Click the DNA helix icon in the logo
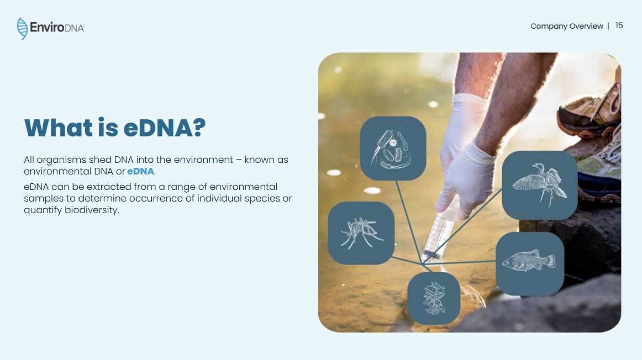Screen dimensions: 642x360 (22, 28)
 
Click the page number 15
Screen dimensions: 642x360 (619, 26)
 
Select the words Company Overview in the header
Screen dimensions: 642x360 (567, 26)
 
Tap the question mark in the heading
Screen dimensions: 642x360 (199, 128)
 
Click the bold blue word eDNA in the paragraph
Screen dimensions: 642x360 (141, 171)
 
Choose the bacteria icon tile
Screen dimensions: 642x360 (393, 149)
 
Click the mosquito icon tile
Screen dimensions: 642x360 (361, 233)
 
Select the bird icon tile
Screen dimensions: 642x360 (540, 186)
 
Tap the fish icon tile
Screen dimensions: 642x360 (530, 264)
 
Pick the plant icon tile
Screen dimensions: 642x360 (434, 299)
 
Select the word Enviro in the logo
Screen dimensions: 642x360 (47, 28)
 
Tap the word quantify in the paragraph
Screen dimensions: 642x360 (43, 210)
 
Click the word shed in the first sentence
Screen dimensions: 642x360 (100, 160)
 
